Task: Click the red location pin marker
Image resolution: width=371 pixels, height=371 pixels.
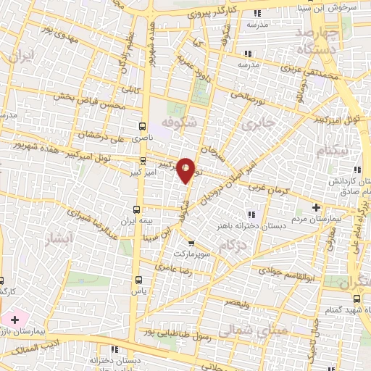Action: pos(186,170)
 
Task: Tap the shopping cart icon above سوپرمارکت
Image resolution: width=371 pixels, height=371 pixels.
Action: pos(191,243)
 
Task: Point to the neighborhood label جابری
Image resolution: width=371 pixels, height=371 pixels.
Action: pos(260,124)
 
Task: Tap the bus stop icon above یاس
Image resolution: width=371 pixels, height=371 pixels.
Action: pos(138,279)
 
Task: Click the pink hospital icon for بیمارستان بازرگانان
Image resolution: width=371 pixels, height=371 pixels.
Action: pos(14,319)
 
